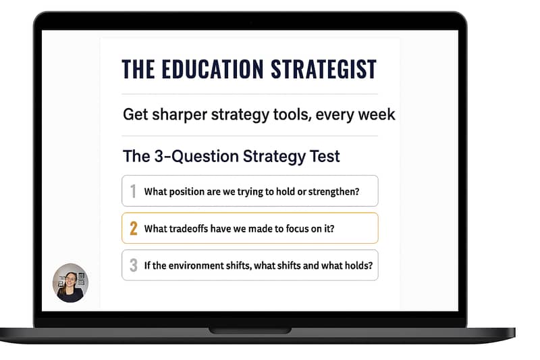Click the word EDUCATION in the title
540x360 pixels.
(213, 69)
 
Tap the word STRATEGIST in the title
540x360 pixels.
(324, 69)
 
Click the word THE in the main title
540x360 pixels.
(138, 69)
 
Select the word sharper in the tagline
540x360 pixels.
(180, 115)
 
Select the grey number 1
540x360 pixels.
(133, 191)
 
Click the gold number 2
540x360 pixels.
(133, 228)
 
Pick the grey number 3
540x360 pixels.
(133, 265)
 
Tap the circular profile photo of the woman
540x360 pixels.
(70, 283)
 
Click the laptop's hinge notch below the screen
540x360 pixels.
(250, 331)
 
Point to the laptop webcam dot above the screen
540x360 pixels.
(250, 22)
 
